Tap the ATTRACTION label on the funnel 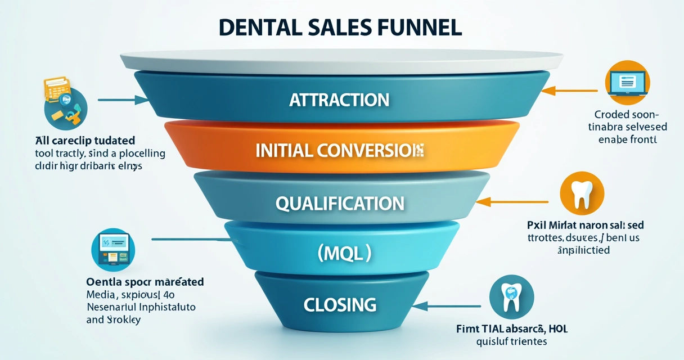(x=339, y=100)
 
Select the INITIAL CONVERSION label (x=339, y=150)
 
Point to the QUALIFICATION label (x=340, y=203)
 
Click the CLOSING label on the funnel (x=340, y=305)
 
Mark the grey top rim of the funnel (x=341, y=58)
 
